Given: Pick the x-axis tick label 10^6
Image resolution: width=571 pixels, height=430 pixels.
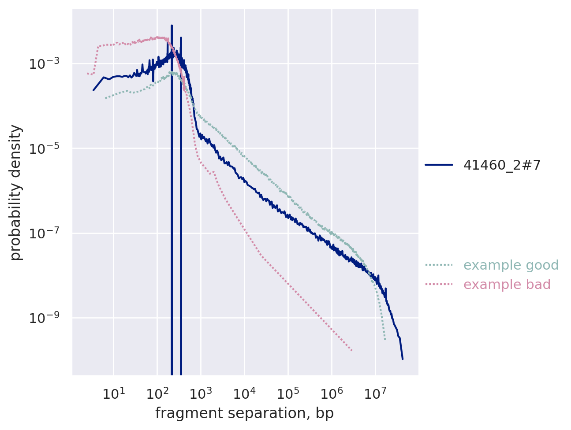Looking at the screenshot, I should tap(332, 393).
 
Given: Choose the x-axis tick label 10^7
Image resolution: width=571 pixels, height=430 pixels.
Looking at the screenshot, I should tap(376, 393).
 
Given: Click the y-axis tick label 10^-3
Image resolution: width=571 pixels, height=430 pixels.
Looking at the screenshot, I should tap(45, 64).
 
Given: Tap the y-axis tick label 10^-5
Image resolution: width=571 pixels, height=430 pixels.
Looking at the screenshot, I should tap(45, 148).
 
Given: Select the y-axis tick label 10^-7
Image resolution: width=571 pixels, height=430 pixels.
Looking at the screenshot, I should tap(45, 233).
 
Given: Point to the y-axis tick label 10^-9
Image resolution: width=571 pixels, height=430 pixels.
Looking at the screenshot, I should tap(45, 318).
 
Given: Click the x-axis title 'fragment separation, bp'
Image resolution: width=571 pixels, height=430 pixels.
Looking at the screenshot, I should tap(245, 413).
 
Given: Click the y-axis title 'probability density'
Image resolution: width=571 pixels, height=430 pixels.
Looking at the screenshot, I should tap(16, 192).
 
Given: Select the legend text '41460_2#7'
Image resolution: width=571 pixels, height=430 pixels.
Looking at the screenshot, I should tap(502, 165).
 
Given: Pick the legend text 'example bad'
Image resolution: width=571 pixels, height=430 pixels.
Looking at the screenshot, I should tap(507, 285).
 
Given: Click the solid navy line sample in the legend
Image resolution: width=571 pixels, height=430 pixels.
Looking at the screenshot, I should tap(439, 165).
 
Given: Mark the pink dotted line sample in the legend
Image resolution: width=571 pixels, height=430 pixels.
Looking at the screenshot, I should tap(439, 285).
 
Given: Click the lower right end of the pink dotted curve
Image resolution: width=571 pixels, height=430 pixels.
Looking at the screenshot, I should tap(352, 351).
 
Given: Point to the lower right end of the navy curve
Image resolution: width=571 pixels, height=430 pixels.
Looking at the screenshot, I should tap(403, 359).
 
